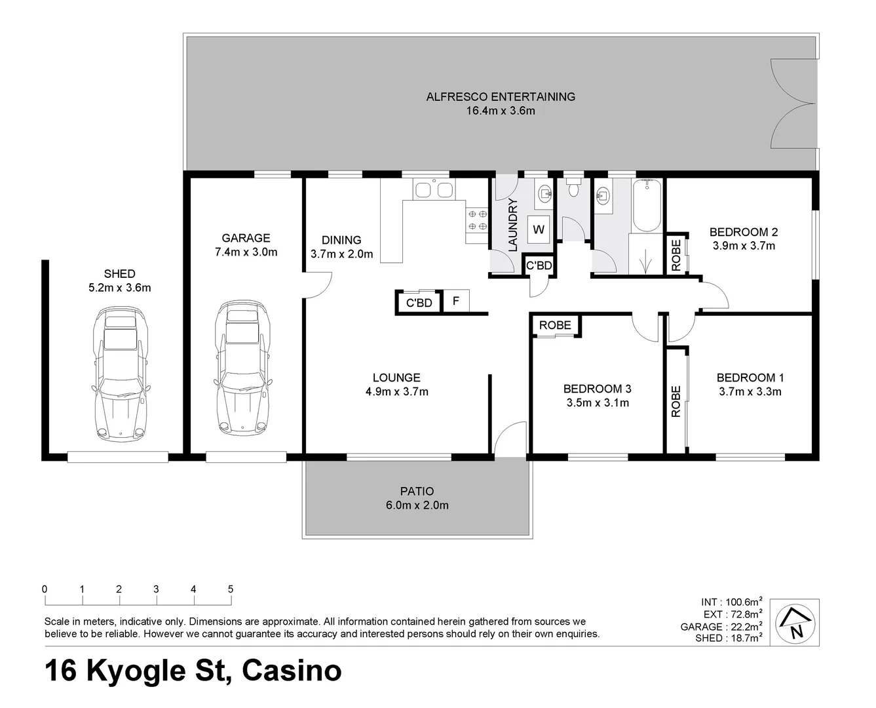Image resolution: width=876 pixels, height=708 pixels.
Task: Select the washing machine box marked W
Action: pyautogui.click(x=539, y=229)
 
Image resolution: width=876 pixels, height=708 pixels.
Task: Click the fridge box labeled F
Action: pyautogui.click(x=456, y=302)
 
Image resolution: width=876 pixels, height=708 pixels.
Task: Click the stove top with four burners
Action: pyautogui.click(x=476, y=220)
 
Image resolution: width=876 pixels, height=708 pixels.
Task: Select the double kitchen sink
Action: pyautogui.click(x=433, y=190)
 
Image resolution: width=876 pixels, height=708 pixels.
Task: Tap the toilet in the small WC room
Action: pyautogui.click(x=574, y=189)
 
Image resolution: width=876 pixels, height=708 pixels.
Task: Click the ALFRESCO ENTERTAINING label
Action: pyautogui.click(x=501, y=96)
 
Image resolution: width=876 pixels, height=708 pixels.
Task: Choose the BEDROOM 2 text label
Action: pyautogui.click(x=743, y=231)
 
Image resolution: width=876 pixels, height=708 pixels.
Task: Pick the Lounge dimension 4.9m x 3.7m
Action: pyautogui.click(x=396, y=392)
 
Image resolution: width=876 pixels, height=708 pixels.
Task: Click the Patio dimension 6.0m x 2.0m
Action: pyautogui.click(x=417, y=505)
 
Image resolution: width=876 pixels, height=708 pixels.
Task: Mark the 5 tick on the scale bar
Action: pyautogui.click(x=231, y=589)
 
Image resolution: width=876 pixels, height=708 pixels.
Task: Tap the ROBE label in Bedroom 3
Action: pyautogui.click(x=555, y=325)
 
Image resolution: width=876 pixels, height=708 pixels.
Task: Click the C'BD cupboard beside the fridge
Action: pyautogui.click(x=419, y=302)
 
